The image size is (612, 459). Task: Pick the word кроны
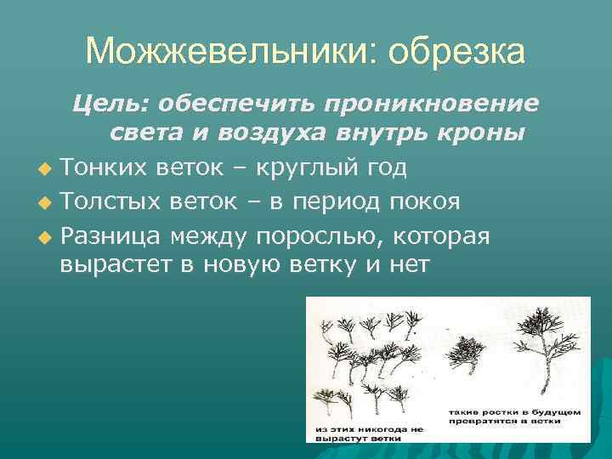click(x=488, y=133)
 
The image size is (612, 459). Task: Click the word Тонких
click(x=104, y=168)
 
